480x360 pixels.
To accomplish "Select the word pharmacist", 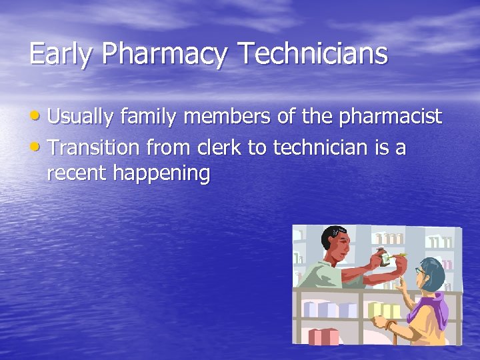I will pyautogui.click(x=391, y=117).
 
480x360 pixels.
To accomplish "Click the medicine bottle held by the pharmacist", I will pyautogui.click(x=385, y=256).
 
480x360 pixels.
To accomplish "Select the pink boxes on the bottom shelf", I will pyautogui.click(x=324, y=337).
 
